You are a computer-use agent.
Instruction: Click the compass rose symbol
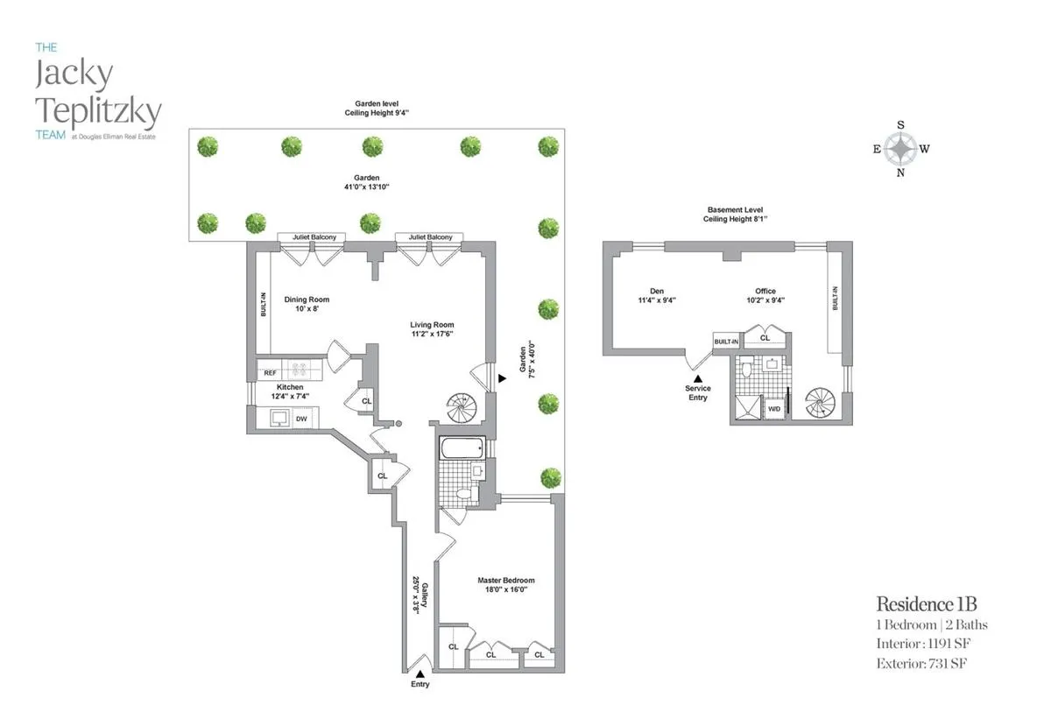pyautogui.click(x=900, y=149)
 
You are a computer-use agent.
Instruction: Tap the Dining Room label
pyautogui.click(x=307, y=300)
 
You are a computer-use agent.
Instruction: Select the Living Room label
pyautogui.click(x=432, y=325)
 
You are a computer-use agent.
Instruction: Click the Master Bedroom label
pyautogui.click(x=505, y=581)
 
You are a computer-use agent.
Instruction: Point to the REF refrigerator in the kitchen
pyautogui.click(x=271, y=373)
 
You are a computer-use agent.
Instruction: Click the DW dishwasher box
pyautogui.click(x=301, y=419)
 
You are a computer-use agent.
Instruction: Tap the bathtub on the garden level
pyautogui.click(x=461, y=448)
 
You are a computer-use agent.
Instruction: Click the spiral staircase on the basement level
pyautogui.click(x=822, y=404)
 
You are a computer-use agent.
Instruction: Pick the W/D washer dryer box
pyautogui.click(x=774, y=409)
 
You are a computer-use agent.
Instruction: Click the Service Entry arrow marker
pyautogui.click(x=698, y=377)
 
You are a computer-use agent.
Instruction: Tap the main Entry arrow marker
pyautogui.click(x=420, y=673)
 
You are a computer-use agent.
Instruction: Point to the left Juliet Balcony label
pyautogui.click(x=312, y=237)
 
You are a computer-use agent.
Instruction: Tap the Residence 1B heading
pyautogui.click(x=927, y=603)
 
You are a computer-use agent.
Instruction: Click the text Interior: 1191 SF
pyautogui.click(x=923, y=644)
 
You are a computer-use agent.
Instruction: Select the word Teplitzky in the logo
pyautogui.click(x=98, y=111)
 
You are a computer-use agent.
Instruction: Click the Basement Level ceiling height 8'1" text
pyautogui.click(x=736, y=219)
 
